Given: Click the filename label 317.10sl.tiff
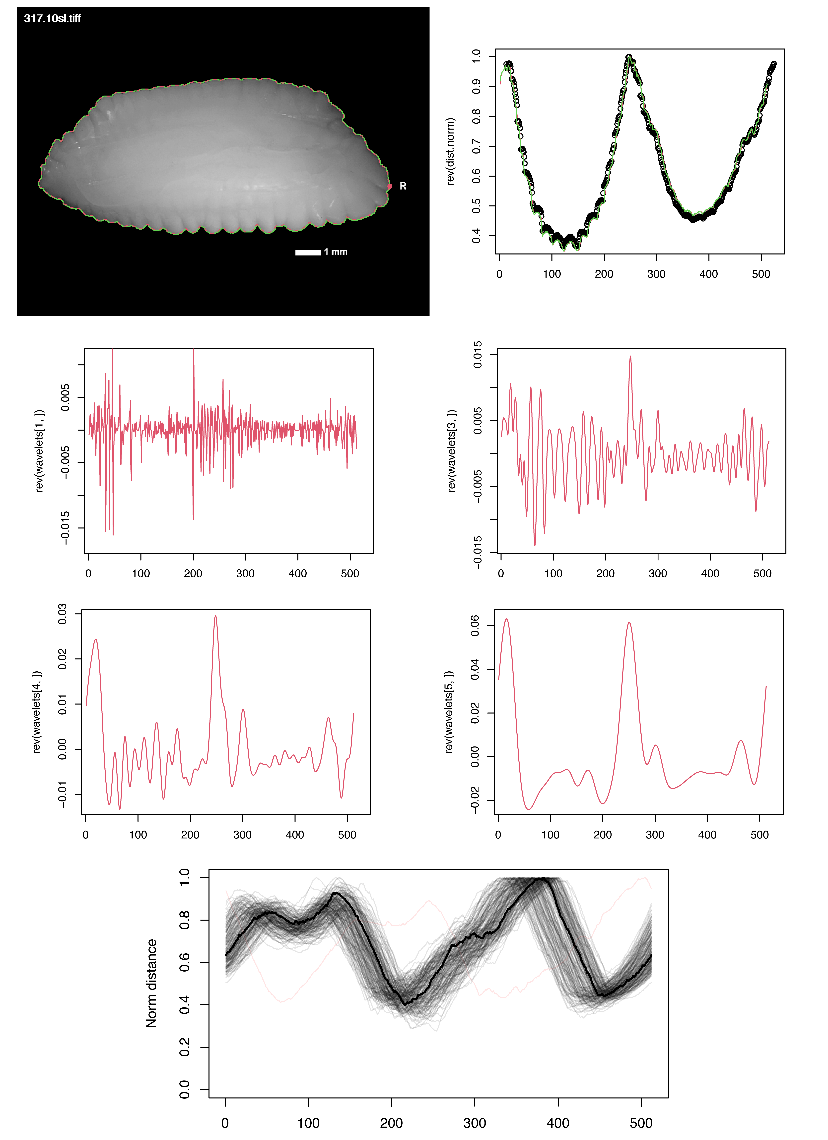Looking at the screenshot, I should (52, 19).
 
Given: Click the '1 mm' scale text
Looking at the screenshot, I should (336, 252).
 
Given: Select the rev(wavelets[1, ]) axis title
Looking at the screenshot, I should (39, 451).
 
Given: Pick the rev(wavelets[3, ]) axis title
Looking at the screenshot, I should (452, 451).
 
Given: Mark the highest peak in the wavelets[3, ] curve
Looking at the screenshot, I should (630, 357).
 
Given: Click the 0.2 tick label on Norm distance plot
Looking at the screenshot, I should (185, 1047).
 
